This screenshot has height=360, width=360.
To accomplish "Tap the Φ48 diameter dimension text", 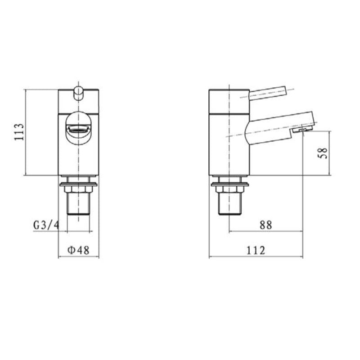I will tap(78, 250).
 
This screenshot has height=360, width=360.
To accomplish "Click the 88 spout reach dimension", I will tap(266, 225).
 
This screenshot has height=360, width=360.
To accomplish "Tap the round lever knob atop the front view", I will tap(78, 92).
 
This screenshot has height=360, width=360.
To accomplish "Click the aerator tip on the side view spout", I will tap(301, 130).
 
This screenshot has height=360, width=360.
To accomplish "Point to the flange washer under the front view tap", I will tap(78, 184).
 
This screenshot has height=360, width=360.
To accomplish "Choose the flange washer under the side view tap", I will tap(229, 184).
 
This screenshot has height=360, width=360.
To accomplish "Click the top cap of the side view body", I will tap(229, 100).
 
